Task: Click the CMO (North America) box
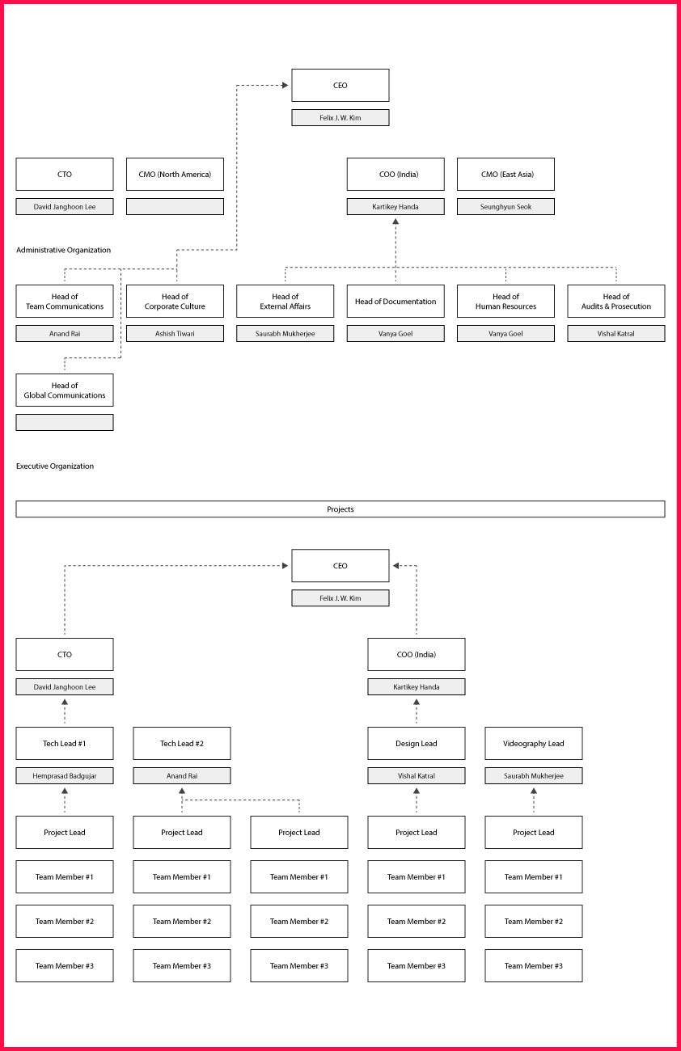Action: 175,175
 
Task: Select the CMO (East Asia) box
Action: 506,175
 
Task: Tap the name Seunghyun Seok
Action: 506,207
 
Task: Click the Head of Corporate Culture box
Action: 175,302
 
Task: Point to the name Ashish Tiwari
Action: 175,334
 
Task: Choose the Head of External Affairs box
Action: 285,302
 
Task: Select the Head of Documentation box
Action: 395,302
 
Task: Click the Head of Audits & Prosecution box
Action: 616,302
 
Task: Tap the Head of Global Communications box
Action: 65,390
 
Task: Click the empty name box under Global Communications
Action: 65,423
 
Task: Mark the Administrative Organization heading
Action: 64,251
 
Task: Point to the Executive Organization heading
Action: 55,466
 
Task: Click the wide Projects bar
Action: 340,509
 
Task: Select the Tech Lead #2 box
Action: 182,744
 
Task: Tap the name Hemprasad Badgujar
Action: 65,776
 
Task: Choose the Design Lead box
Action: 417,744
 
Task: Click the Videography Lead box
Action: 534,744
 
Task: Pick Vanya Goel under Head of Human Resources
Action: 506,334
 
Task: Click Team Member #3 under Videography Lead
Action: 534,966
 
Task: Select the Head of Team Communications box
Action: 65,302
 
